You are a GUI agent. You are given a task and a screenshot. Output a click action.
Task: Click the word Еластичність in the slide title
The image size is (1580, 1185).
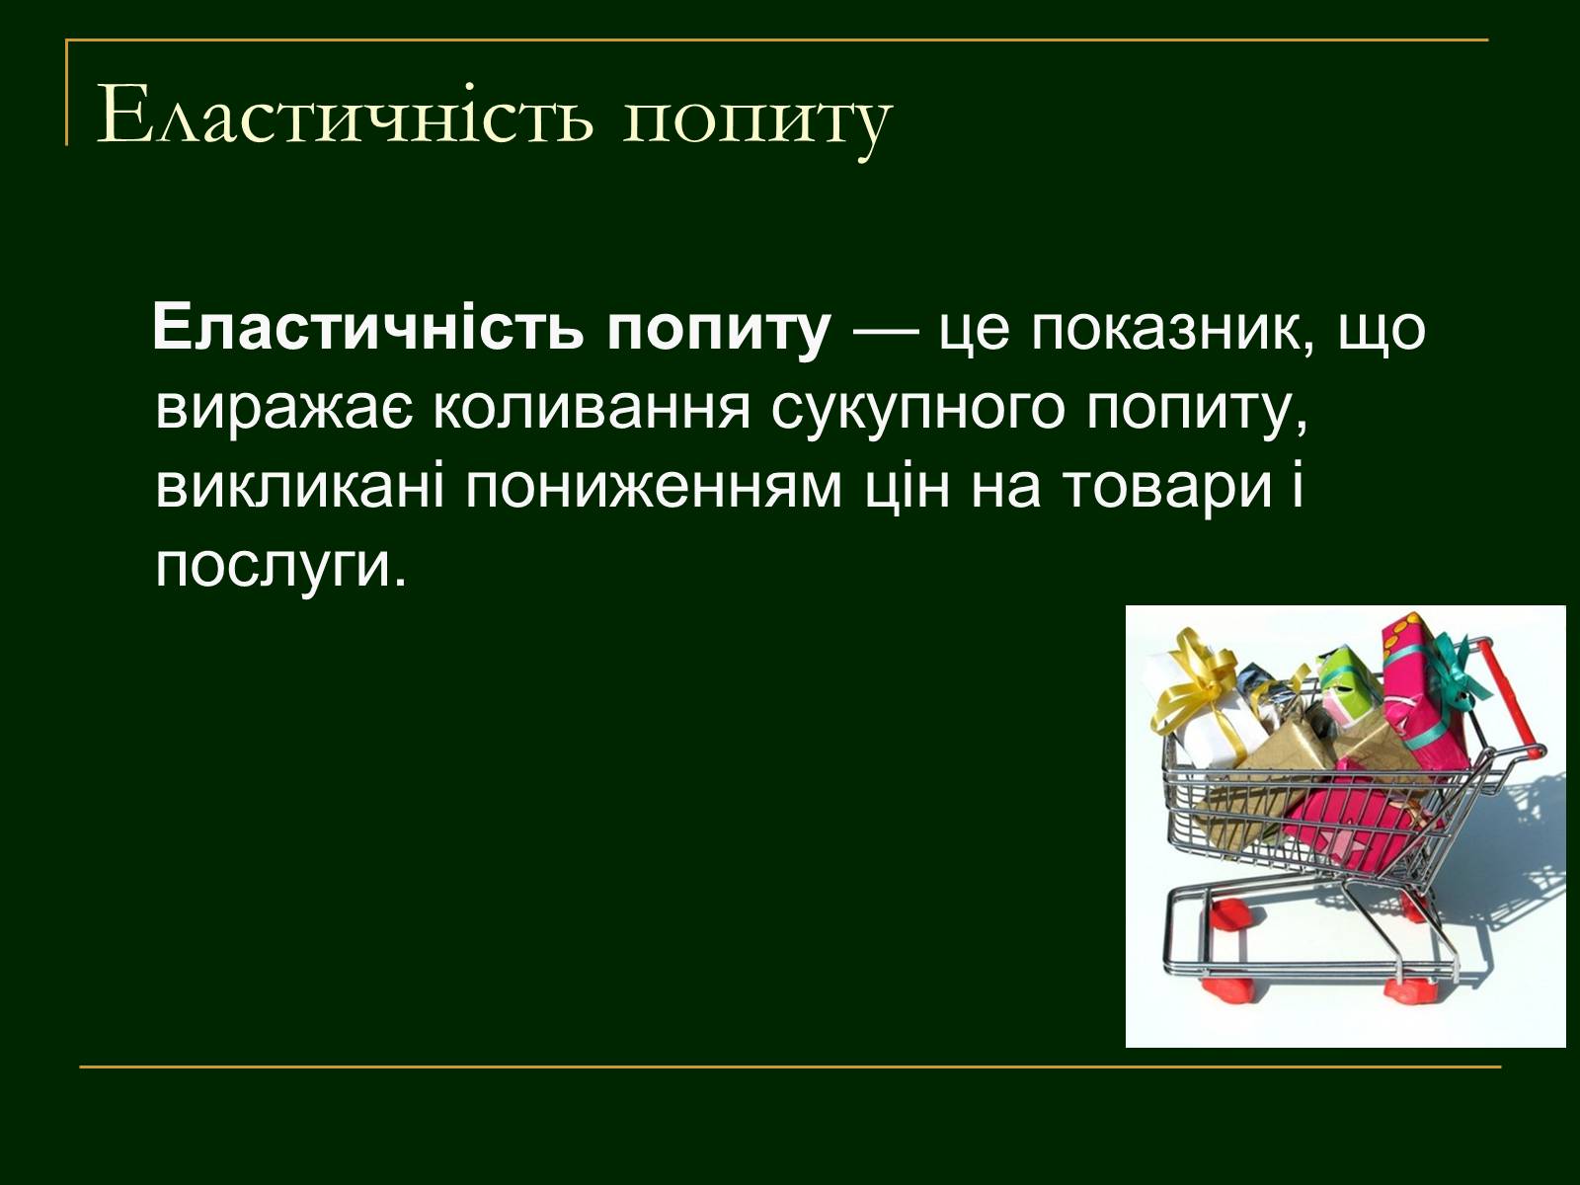(x=346, y=116)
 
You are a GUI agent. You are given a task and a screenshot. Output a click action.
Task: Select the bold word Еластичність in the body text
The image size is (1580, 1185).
(x=367, y=328)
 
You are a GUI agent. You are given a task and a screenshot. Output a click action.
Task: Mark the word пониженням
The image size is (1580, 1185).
(x=653, y=489)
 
